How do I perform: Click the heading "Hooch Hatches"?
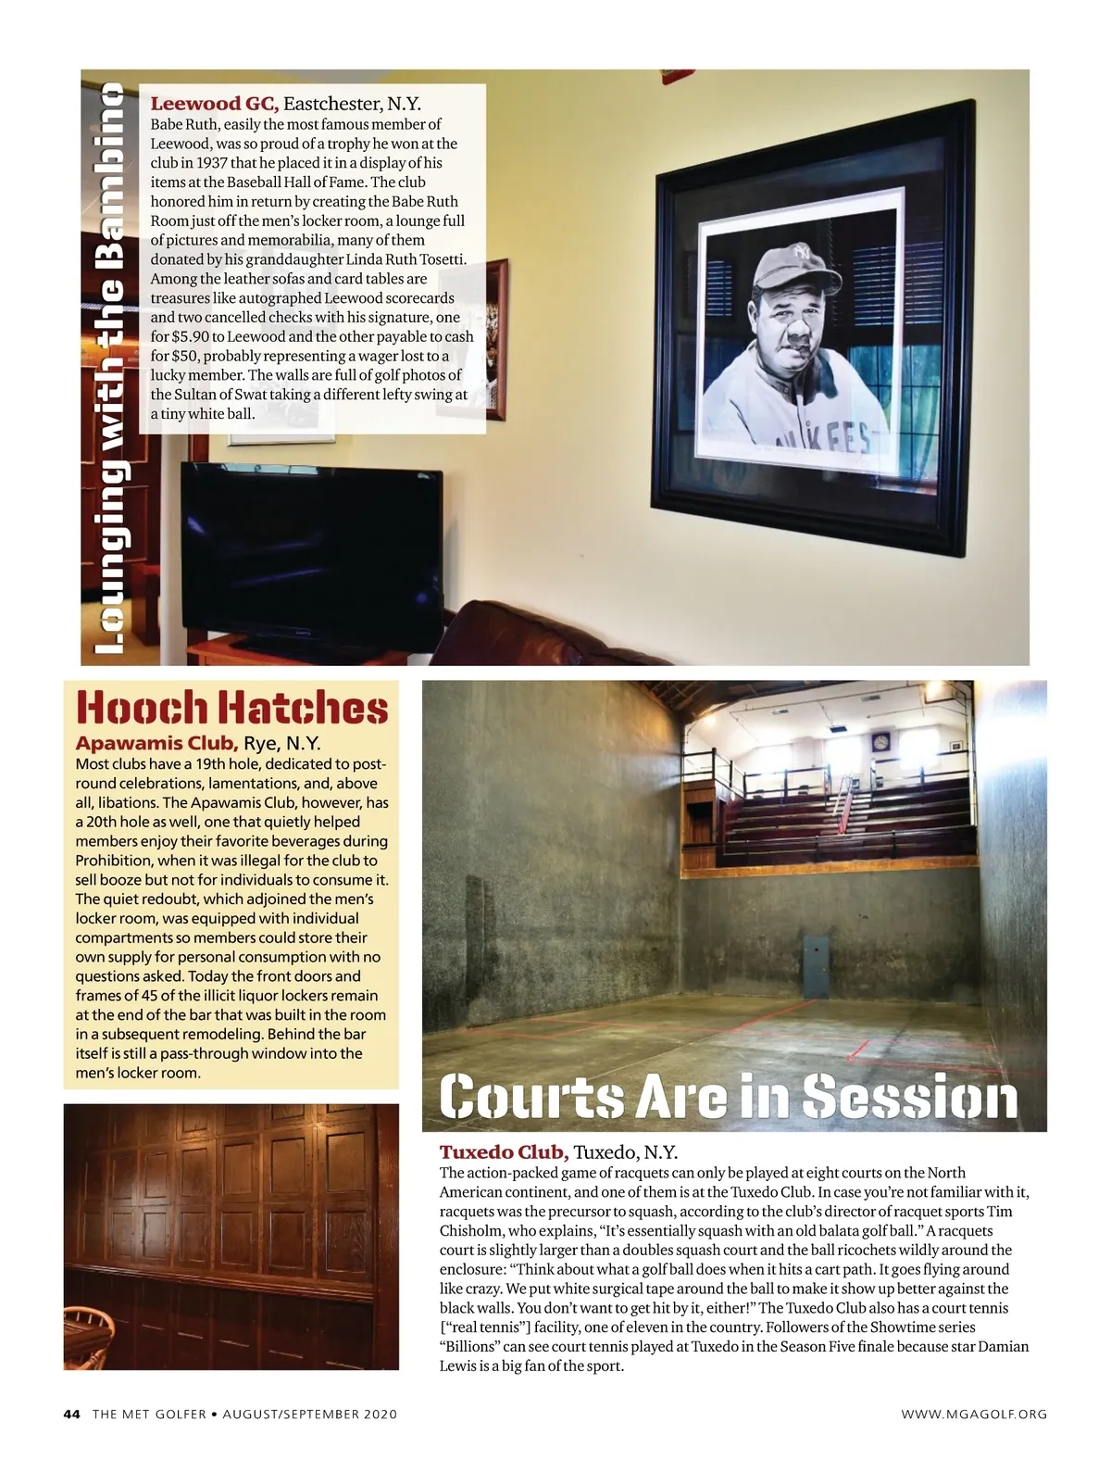click(231, 708)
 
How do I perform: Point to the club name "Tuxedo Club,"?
click(504, 1152)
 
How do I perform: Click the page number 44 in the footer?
click(72, 1415)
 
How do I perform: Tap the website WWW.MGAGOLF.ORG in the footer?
click(974, 1415)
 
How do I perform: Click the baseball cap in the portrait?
click(791, 264)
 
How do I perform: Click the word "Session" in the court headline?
click(909, 1098)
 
